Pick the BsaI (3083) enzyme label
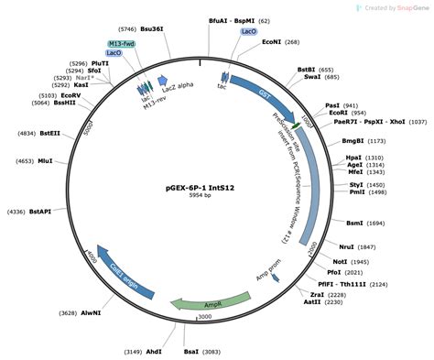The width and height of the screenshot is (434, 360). [191, 350]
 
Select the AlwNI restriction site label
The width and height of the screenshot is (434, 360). [92, 313]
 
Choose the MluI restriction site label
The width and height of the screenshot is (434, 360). [46, 161]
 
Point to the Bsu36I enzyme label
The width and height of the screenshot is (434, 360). [152, 29]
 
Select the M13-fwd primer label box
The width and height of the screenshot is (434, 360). [121, 43]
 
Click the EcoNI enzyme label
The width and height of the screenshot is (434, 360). [271, 42]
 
